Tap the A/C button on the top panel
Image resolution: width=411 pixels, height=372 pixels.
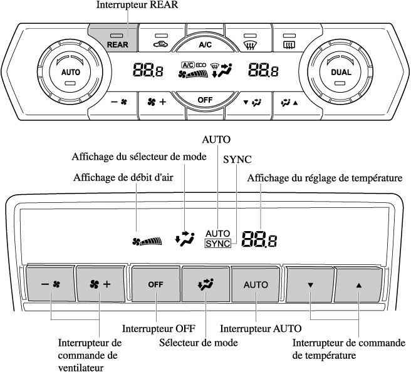tap(205, 44)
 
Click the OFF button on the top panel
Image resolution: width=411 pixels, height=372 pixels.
tap(205, 100)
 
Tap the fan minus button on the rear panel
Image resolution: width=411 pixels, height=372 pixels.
tap(49, 284)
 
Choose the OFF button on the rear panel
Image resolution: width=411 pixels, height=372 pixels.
tap(155, 284)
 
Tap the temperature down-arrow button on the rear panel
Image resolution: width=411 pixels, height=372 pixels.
tap(310, 284)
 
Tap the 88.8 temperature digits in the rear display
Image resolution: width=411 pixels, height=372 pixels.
tap(259, 238)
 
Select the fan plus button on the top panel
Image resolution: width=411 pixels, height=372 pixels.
tap(156, 101)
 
